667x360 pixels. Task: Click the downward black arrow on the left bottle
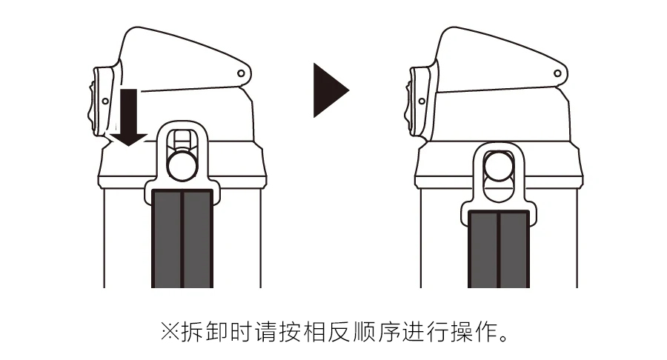129,118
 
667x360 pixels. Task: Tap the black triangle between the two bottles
331,90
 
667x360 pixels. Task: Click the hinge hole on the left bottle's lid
241,73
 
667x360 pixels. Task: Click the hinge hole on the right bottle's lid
557,73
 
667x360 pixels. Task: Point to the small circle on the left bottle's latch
105,101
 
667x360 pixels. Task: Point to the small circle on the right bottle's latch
422,101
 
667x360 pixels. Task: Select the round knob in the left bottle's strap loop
182,165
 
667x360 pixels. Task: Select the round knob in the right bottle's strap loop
499,166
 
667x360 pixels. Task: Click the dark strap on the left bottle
182,239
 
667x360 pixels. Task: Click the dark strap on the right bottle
499,249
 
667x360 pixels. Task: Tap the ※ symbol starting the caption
170,332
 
